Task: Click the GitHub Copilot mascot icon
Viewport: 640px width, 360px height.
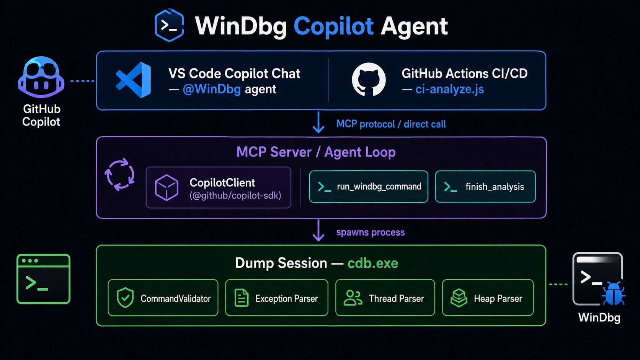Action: (x=41, y=77)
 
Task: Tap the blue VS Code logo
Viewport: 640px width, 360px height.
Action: (x=134, y=80)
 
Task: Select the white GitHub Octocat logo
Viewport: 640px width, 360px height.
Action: (x=369, y=79)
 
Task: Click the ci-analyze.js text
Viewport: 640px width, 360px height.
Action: (x=449, y=89)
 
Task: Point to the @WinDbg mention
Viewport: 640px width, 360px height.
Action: (x=212, y=89)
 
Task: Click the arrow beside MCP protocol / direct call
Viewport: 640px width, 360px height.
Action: (x=318, y=122)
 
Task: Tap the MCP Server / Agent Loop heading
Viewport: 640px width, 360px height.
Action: (x=316, y=152)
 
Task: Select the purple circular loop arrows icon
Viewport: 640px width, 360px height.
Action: (x=120, y=174)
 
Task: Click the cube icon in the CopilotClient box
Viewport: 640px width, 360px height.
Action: (x=167, y=187)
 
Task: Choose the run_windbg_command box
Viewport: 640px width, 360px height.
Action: (x=369, y=187)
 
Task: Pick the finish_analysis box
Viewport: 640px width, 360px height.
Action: (x=485, y=187)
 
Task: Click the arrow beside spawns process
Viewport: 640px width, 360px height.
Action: (x=318, y=230)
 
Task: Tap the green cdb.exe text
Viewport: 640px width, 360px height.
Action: (x=373, y=263)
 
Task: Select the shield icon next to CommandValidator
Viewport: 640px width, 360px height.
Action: (x=125, y=298)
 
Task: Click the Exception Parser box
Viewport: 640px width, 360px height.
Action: (x=277, y=298)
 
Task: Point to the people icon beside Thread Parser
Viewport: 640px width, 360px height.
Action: (x=353, y=298)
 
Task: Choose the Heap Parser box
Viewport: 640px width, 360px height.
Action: (x=488, y=298)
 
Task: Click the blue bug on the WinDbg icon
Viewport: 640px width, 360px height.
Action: (x=614, y=294)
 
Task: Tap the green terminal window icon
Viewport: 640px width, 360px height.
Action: (x=43, y=279)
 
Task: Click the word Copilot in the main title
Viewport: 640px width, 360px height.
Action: (x=333, y=26)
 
